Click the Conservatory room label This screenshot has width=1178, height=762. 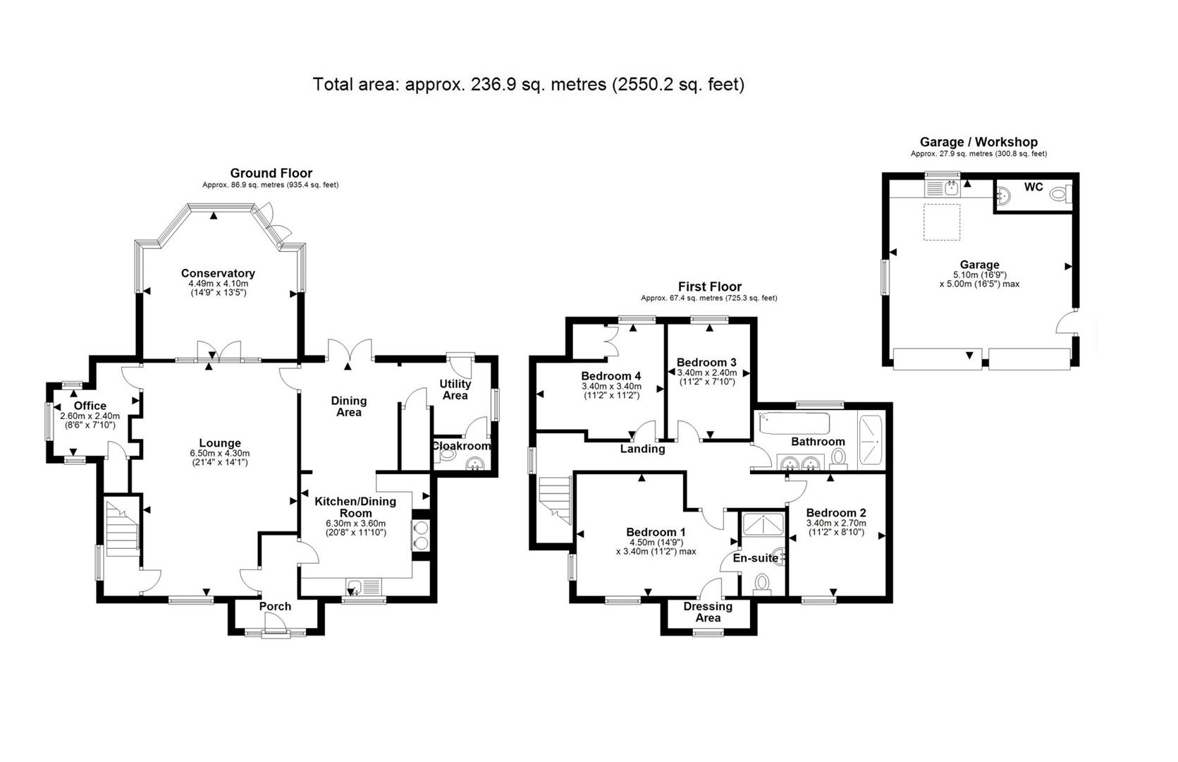pos(218,273)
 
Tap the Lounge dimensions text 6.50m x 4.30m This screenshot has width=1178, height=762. pos(220,453)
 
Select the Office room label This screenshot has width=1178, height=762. pos(90,406)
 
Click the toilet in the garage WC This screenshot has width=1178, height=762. pos(1059,195)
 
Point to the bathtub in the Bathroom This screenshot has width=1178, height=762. pos(794,423)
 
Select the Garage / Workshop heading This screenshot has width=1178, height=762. pos(978,142)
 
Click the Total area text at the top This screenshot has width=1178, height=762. pos(529,84)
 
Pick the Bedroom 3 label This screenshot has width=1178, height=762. pos(706,363)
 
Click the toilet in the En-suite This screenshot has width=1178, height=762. pos(761,585)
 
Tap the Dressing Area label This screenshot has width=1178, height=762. pos(708,612)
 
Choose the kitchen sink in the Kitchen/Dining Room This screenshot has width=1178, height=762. pos(363,586)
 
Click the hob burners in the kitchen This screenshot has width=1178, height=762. pos(422,536)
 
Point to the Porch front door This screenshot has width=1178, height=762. pos(276,626)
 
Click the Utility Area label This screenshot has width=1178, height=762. pos(455,390)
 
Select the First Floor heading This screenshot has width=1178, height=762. pos(709,286)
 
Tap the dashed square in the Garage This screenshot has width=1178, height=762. pos(942,222)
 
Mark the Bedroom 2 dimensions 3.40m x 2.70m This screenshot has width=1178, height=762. pos(836,523)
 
